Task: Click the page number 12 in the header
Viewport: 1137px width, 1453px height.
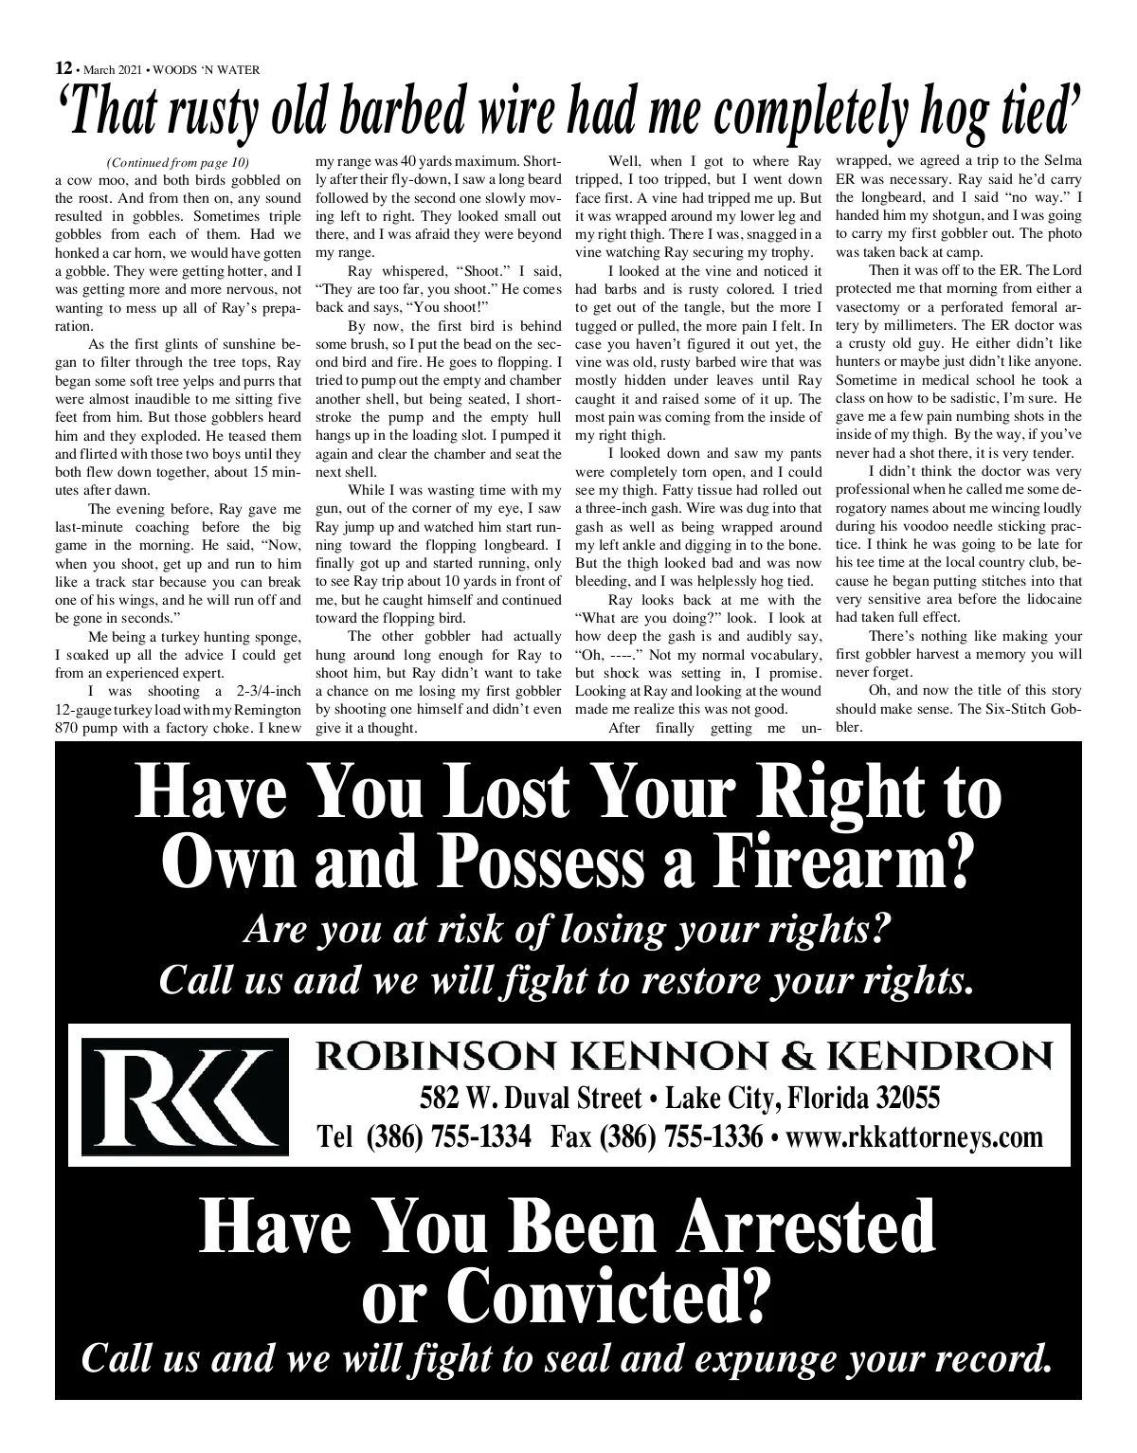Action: (x=63, y=67)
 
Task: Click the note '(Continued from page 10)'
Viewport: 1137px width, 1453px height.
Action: (x=179, y=162)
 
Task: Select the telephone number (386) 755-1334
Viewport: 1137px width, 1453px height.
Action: (x=449, y=1135)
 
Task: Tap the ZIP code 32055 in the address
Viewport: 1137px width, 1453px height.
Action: (x=909, y=1099)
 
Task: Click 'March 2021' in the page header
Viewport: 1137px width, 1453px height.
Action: (x=113, y=69)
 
